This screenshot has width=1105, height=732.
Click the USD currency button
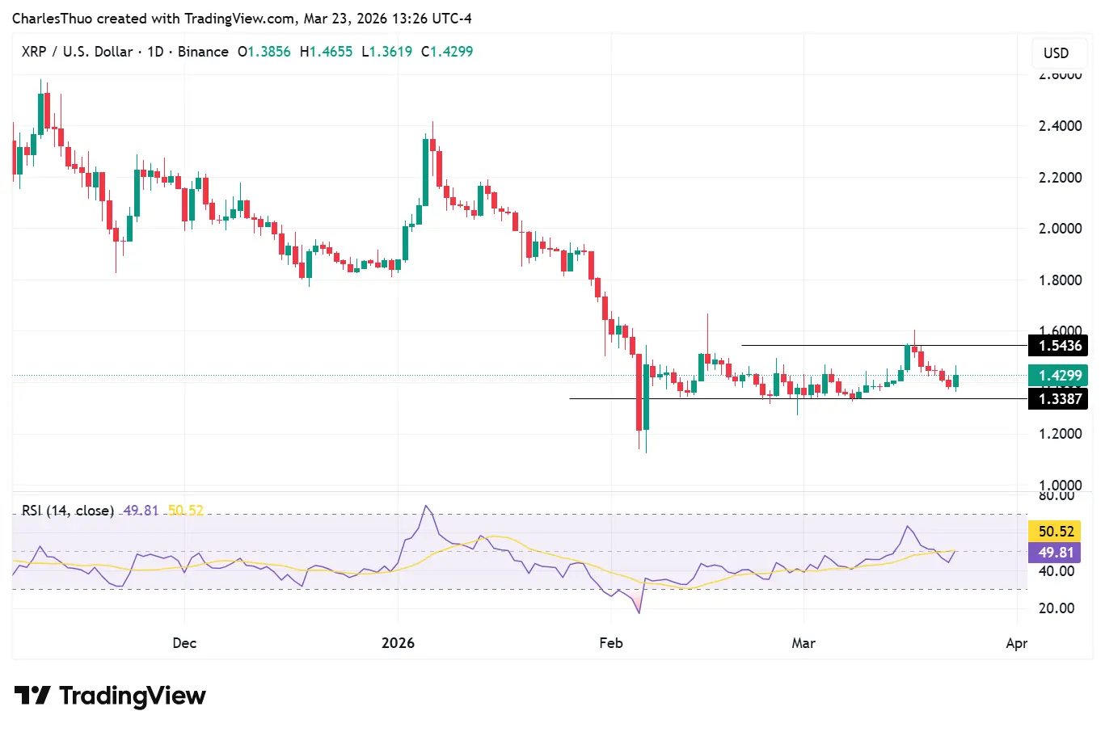[x=1056, y=53]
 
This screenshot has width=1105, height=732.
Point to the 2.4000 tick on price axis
[x=1060, y=126]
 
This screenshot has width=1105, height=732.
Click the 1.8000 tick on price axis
[x=1060, y=280]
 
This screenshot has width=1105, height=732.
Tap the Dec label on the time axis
[x=184, y=643]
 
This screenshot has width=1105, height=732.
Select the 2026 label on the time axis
[x=398, y=643]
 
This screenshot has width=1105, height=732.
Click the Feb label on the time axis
[x=611, y=643]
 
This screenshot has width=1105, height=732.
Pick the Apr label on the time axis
[x=1016, y=643]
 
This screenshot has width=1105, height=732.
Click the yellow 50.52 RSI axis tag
[x=1055, y=532]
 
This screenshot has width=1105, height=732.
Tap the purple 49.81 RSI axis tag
[x=1055, y=553]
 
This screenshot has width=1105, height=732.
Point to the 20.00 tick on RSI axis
[x=1056, y=608]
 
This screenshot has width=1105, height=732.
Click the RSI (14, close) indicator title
[x=68, y=511]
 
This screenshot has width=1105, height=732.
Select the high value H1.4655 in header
[x=326, y=52]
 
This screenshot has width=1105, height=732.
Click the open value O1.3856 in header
[x=264, y=52]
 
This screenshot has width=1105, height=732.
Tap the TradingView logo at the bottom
[x=110, y=696]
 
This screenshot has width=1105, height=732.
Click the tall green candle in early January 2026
[x=425, y=171]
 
